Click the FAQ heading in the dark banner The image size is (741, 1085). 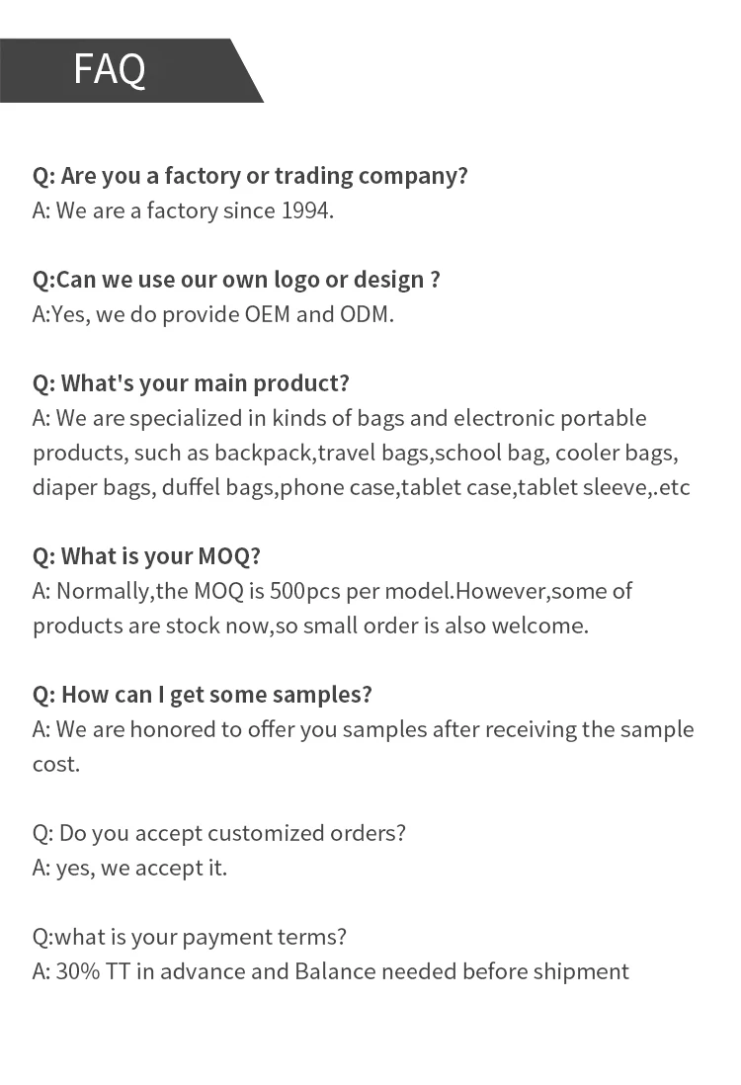(x=110, y=69)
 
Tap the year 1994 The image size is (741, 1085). (x=307, y=210)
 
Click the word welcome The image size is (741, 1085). (x=542, y=626)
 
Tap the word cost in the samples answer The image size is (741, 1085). (x=55, y=764)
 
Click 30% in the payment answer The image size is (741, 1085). (x=76, y=971)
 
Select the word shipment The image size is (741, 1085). (x=581, y=971)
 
